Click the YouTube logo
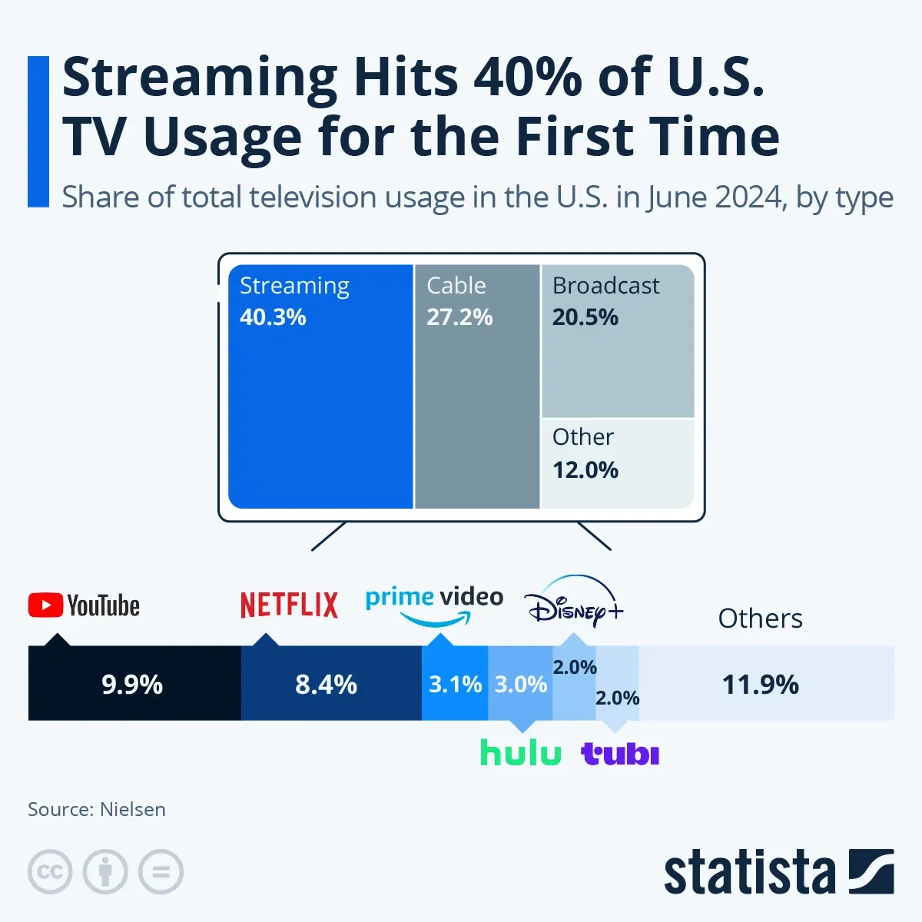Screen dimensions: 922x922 click(x=84, y=605)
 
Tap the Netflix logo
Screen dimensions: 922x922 click(x=289, y=605)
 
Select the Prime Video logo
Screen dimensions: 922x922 click(x=434, y=604)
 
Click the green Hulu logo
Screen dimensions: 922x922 click(x=520, y=753)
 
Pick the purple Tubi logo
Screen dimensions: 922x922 click(x=620, y=754)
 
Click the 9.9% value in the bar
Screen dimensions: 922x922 click(x=132, y=685)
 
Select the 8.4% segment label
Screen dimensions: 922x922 click(x=326, y=685)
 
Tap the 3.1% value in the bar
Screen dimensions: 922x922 click(x=455, y=685)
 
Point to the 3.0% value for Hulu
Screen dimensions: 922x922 click(x=520, y=685)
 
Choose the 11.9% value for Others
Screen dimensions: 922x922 click(x=760, y=685)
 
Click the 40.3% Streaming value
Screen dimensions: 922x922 click(x=273, y=317)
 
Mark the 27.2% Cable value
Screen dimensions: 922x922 click(x=459, y=317)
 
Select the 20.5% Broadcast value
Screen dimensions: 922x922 click(x=585, y=317)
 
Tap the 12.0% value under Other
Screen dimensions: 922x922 click(x=585, y=469)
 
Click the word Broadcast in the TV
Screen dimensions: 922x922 click(x=605, y=286)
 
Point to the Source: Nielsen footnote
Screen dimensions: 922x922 click(x=97, y=809)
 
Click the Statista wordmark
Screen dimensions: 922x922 click(x=749, y=873)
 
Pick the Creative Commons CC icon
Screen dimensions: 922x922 click(x=50, y=872)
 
